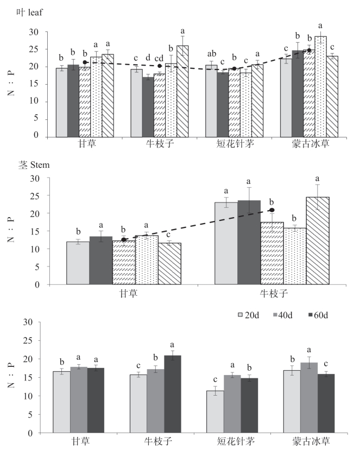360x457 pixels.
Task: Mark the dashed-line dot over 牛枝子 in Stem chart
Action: [x=272, y=210]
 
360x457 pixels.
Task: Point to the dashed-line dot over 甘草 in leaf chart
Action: [x=85, y=62]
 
